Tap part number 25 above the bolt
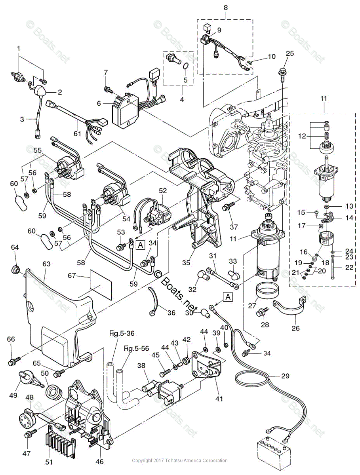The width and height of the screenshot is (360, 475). (290, 53)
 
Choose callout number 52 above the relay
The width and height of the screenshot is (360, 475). (162, 190)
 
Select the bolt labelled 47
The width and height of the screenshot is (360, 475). (28, 435)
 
